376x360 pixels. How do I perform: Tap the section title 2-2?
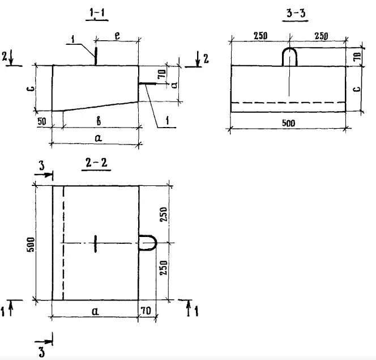[96, 164]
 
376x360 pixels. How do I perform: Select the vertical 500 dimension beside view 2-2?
[32, 243]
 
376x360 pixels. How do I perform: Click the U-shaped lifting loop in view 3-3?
[290, 57]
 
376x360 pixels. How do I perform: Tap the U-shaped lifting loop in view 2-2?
[148, 243]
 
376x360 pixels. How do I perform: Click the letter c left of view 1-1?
[33, 87]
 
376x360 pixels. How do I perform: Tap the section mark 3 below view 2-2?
[41, 352]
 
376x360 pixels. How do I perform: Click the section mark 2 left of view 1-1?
[5, 56]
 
